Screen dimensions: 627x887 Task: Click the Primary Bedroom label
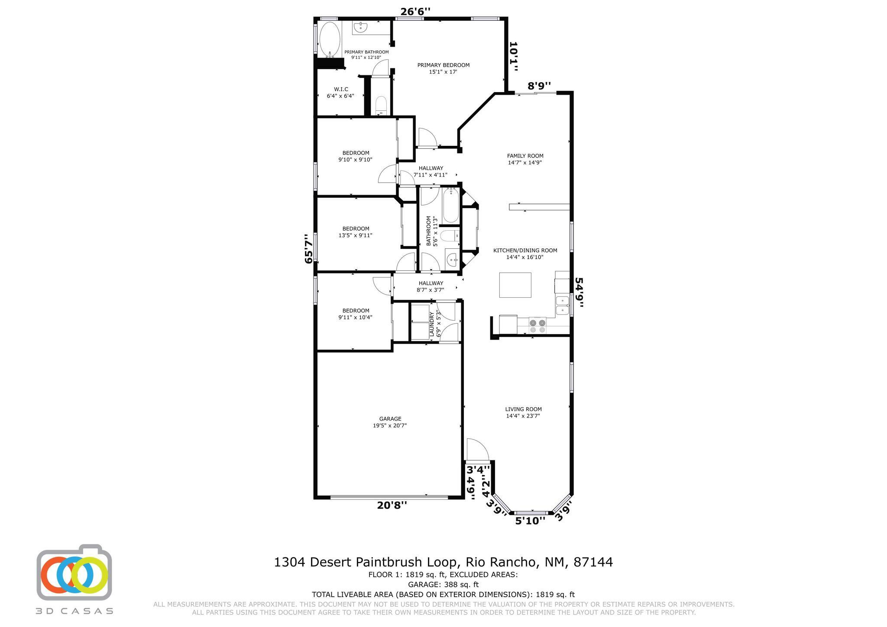pos(443,68)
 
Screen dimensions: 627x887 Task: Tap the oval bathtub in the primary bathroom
pos(330,40)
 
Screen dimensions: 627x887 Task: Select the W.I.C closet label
pos(340,93)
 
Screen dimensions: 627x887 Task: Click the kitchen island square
pos(515,285)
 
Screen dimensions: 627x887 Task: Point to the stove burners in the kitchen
pos(537,326)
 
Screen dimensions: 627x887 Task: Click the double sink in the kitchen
pos(562,305)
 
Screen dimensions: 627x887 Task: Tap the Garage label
pos(390,422)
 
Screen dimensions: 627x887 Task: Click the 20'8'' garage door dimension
pos(392,505)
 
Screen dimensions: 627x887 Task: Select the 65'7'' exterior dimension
pos(308,249)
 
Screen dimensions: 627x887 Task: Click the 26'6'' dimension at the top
pos(415,12)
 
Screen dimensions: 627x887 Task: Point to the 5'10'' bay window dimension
pos(530,521)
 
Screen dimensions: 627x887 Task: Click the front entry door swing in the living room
pos(477,450)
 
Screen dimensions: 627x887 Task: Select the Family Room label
pos(525,159)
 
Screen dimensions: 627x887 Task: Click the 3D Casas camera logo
pos(74,572)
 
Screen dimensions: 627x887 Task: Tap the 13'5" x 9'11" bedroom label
pos(355,232)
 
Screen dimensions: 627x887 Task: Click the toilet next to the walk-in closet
pos(381,105)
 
